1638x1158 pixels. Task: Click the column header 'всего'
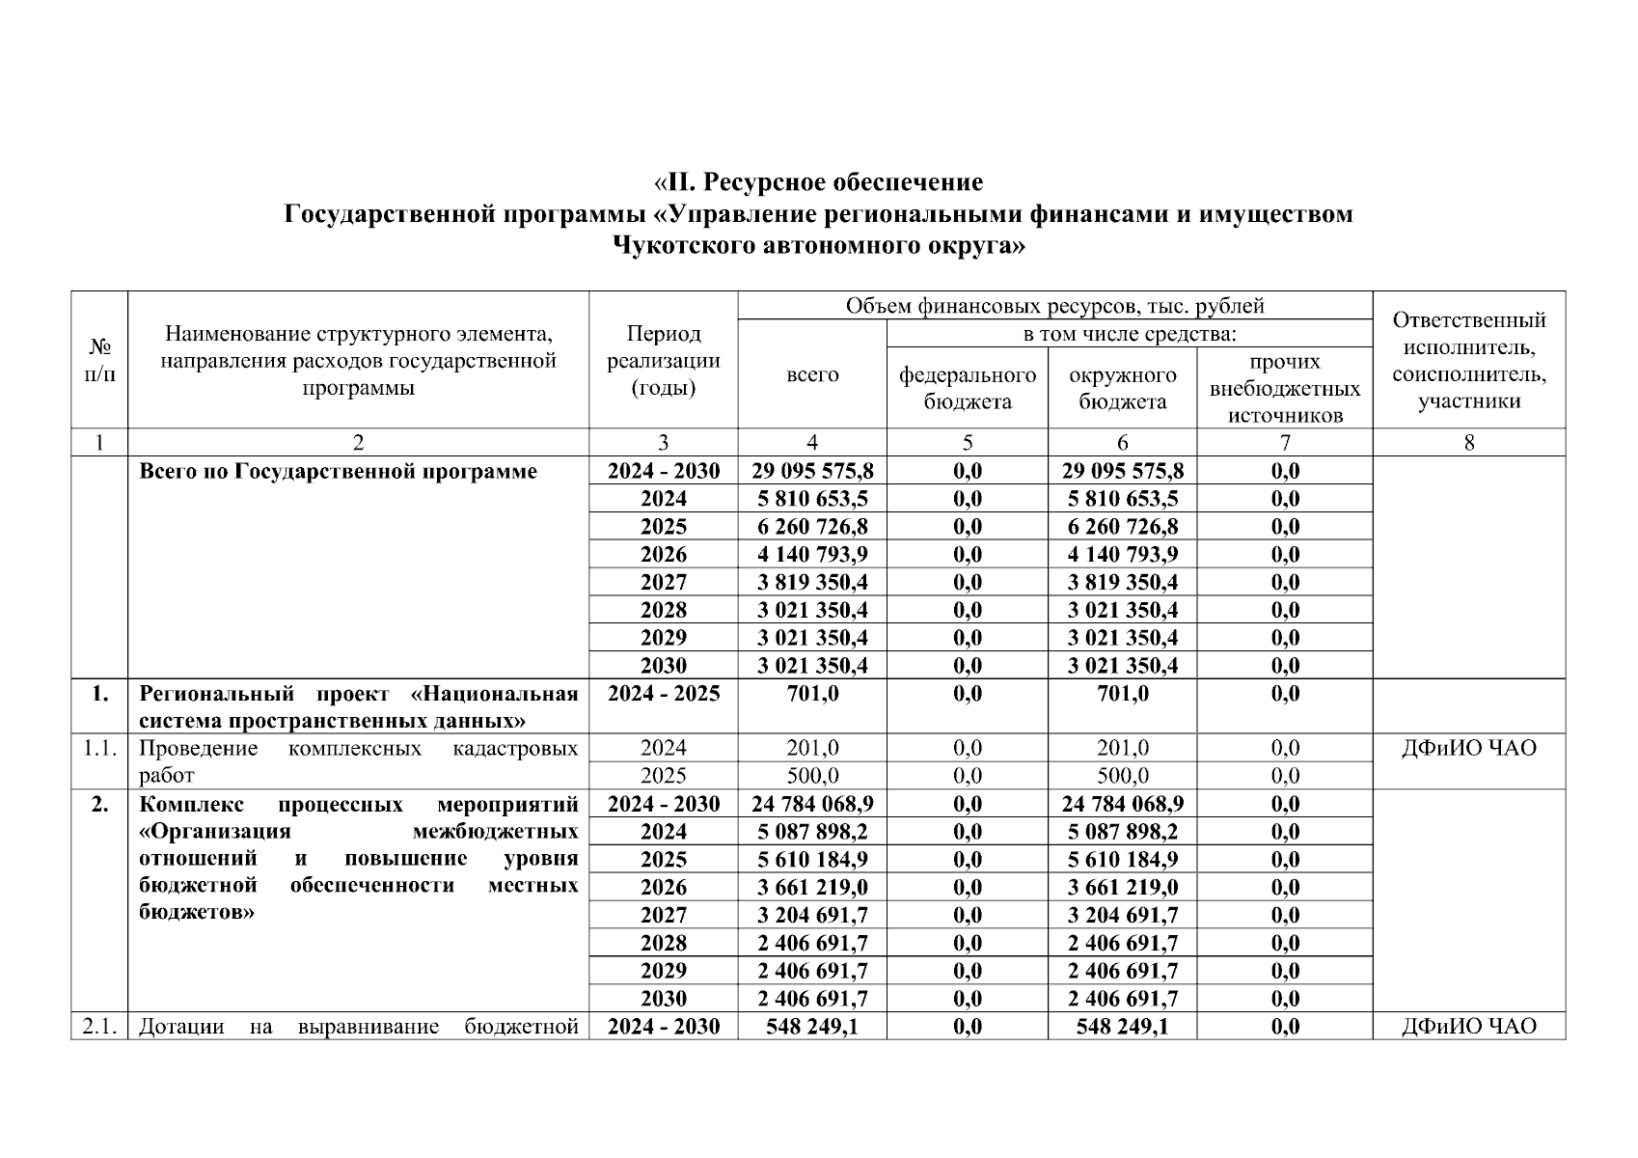point(812,374)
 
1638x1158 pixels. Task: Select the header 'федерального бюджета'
point(968,388)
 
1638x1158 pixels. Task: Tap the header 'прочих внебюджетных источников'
point(1285,388)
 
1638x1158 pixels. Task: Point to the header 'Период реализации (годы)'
point(663,361)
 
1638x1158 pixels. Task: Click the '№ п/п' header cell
point(99,360)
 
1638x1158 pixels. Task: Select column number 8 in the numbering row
point(1468,443)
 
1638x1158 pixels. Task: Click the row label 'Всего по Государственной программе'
point(338,471)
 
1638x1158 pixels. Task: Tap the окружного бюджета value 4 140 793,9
point(1123,555)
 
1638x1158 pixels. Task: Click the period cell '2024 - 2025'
point(663,694)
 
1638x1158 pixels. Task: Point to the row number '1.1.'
point(99,748)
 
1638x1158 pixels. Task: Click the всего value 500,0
point(812,776)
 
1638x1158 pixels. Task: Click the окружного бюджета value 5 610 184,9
point(1123,860)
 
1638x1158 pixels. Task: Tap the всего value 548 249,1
point(812,1027)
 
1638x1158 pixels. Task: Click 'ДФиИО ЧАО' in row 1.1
point(1468,748)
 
